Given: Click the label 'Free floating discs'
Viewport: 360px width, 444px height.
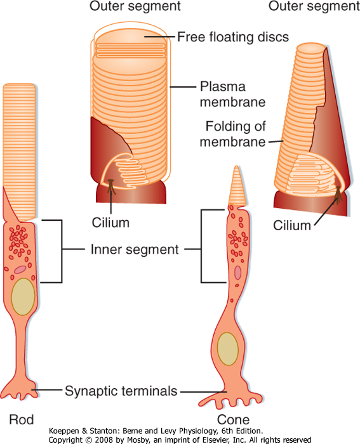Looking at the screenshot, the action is click(x=233, y=37).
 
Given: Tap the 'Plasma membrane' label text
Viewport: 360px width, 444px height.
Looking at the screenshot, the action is click(x=232, y=95).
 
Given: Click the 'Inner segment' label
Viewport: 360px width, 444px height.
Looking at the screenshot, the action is click(x=135, y=249).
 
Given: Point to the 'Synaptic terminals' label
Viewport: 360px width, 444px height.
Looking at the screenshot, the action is click(x=121, y=391).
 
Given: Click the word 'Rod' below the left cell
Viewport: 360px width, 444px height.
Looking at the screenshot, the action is click(x=22, y=420).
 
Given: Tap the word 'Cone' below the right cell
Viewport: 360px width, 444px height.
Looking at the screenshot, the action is click(x=233, y=420).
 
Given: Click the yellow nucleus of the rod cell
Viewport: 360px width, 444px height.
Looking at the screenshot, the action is click(x=23, y=297).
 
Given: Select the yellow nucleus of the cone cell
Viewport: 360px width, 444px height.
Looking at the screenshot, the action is click(x=228, y=349).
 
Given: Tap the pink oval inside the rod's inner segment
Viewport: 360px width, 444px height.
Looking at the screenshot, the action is click(x=20, y=270).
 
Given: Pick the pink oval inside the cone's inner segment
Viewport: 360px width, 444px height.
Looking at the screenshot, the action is click(x=237, y=272).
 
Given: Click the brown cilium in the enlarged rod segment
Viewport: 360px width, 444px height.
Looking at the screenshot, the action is click(x=111, y=186).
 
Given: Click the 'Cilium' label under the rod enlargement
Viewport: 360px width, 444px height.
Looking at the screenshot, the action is click(x=110, y=223).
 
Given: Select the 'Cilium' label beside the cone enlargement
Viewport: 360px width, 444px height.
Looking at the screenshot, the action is click(x=292, y=226).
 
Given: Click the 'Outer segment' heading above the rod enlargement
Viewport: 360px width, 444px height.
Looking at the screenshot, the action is click(x=135, y=6).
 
